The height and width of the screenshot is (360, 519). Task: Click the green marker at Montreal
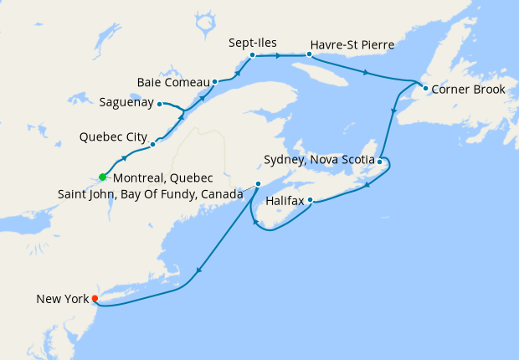pos(102,177)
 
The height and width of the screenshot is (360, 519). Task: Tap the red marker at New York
pos(95,298)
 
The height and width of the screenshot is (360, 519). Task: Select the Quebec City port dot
pos(152,144)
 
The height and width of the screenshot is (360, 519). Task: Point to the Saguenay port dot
pos(160,104)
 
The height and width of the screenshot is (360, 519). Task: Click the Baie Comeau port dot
pos(215,82)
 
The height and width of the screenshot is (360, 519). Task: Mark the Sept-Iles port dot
pos(252,55)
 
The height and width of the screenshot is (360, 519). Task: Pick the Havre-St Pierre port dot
pos(309,55)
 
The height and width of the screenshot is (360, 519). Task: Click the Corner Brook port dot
pos(425,88)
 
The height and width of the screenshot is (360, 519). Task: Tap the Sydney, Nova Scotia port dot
pos(379,161)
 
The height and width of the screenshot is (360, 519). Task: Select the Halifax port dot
pos(310,200)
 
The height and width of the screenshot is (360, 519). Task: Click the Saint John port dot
pos(258,183)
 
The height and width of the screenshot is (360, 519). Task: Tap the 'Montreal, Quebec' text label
pos(162,178)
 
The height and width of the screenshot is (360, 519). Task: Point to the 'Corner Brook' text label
pos(469,89)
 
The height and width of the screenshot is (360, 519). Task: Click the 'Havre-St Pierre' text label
pos(352,43)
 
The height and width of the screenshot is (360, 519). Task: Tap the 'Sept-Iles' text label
pos(253,42)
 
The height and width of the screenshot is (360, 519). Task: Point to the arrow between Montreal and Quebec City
pos(126,157)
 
